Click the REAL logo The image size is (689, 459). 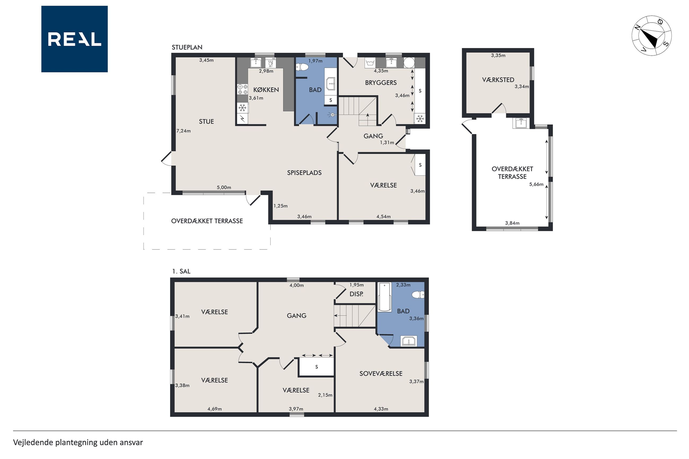pyautogui.click(x=74, y=39)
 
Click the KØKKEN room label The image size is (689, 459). pyautogui.click(x=266, y=90)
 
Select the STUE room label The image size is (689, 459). pyautogui.click(x=206, y=122)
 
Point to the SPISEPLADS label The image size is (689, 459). pyautogui.click(x=304, y=173)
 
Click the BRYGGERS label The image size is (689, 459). pyautogui.click(x=381, y=83)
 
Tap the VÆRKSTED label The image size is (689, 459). pyautogui.click(x=498, y=80)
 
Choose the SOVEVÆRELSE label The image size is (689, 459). pyautogui.click(x=381, y=373)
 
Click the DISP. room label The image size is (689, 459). pyautogui.click(x=356, y=294)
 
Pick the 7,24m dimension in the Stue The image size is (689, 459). pyautogui.click(x=184, y=131)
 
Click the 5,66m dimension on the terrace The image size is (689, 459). pyautogui.click(x=536, y=184)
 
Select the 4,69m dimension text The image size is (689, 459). pyautogui.click(x=215, y=409)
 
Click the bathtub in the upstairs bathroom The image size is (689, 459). pyautogui.click(x=385, y=297)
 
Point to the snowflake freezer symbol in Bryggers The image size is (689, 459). pyautogui.click(x=420, y=119)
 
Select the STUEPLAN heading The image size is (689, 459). pyautogui.click(x=187, y=47)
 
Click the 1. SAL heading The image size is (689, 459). pyautogui.click(x=181, y=271)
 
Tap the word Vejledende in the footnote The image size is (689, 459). pyautogui.click(x=33, y=442)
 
